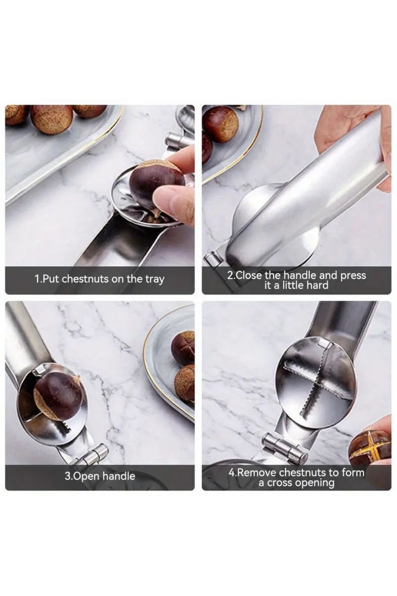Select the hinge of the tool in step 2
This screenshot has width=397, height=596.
pos(212,259)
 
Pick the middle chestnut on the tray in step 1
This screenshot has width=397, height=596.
pos(52,120)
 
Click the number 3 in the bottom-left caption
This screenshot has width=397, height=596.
pos(67,476)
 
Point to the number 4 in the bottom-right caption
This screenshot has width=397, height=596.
pos(232,473)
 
